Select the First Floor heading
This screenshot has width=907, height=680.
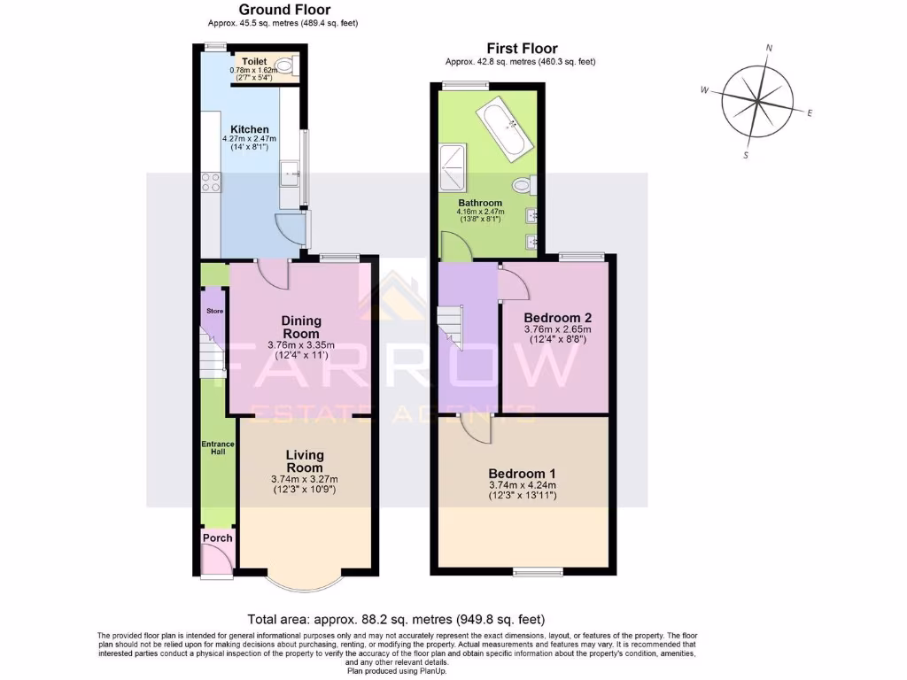(x=522, y=49)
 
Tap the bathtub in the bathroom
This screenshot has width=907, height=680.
(x=500, y=127)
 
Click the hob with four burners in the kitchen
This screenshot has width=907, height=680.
(x=211, y=182)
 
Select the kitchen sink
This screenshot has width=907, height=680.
(x=289, y=174)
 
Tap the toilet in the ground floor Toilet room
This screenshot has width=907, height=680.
(x=285, y=66)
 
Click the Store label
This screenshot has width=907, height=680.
(x=213, y=312)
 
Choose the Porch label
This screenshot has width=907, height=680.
(x=218, y=538)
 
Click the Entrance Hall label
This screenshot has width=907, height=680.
(x=217, y=447)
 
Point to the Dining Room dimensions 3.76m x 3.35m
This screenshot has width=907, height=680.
(x=301, y=346)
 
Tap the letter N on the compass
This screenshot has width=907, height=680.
(x=769, y=49)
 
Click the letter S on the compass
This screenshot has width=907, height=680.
(x=746, y=155)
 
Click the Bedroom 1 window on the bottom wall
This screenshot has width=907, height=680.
(x=538, y=573)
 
